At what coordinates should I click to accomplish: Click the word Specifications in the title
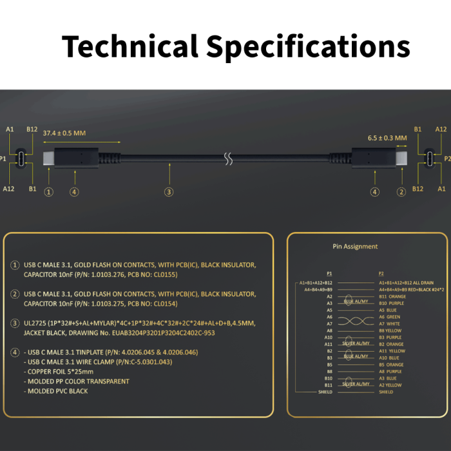click(308, 48)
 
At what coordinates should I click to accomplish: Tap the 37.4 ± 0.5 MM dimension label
click(64, 133)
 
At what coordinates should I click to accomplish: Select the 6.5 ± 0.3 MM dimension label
click(387, 138)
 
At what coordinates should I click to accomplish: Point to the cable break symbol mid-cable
click(227, 158)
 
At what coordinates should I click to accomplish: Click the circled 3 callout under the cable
click(169, 191)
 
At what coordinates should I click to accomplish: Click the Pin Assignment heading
click(355, 246)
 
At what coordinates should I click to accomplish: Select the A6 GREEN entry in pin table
click(390, 317)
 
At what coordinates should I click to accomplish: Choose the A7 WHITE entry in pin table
click(390, 324)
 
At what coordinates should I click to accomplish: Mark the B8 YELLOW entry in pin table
click(390, 331)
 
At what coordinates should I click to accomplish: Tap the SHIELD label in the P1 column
click(325, 392)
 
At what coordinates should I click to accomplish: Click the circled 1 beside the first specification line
click(15, 265)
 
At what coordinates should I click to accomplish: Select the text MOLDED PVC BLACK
click(57, 391)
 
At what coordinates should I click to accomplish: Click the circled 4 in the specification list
click(15, 352)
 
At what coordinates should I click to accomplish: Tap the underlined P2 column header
click(381, 273)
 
